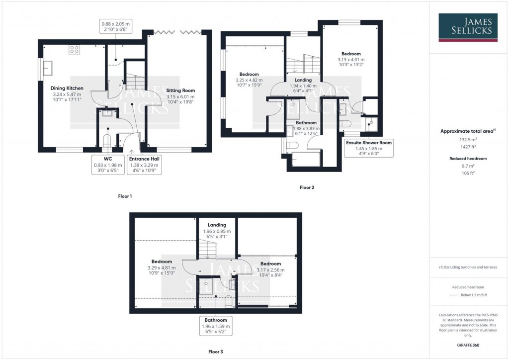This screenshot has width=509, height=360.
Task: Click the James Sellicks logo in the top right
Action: click(x=469, y=27)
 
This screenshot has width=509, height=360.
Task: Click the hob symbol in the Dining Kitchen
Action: click(x=75, y=49)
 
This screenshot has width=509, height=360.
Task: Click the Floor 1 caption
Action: click(x=125, y=196)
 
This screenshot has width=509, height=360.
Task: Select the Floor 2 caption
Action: click(x=307, y=187)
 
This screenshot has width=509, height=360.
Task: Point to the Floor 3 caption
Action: click(x=215, y=352)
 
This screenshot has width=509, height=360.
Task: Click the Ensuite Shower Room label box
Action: click(x=369, y=148)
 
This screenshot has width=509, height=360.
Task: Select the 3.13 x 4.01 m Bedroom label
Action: click(x=350, y=59)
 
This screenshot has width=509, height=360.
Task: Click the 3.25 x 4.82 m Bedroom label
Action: click(x=249, y=80)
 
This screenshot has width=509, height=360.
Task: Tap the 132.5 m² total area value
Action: click(x=468, y=141)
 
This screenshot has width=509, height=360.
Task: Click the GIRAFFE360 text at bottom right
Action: click(x=468, y=345)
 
